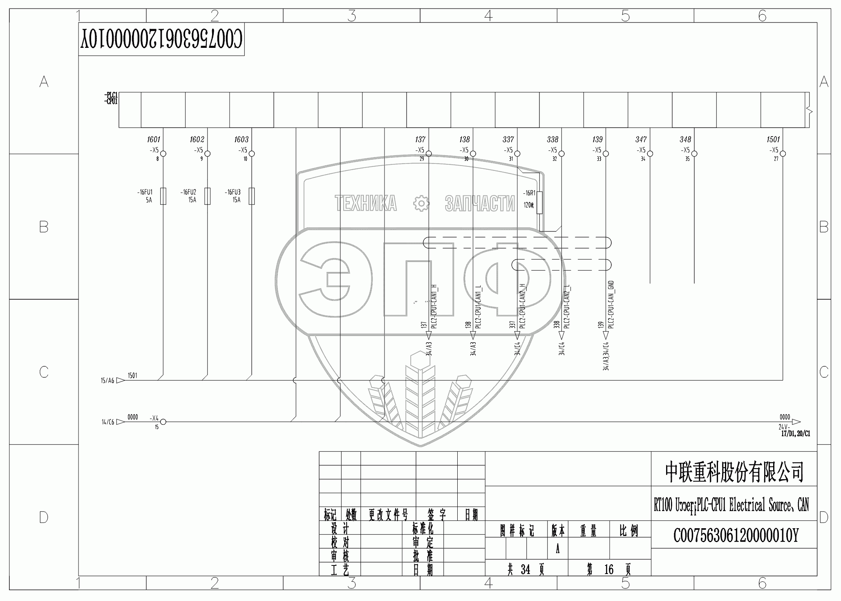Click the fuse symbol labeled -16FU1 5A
pyautogui.click(x=163, y=196)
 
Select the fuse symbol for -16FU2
pyautogui.click(x=208, y=196)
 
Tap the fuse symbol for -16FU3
pyautogui.click(x=252, y=196)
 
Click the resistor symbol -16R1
pyautogui.click(x=539, y=202)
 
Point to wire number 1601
pyautogui.click(x=154, y=140)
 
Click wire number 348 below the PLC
pyautogui.click(x=685, y=140)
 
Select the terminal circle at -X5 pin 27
pyautogui.click(x=783, y=154)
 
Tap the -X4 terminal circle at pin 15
pyautogui.click(x=163, y=422)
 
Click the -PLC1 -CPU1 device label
pyautogui.click(x=111, y=99)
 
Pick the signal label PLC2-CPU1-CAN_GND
pyautogui.click(x=611, y=305)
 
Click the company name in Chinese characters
pyautogui.click(x=734, y=472)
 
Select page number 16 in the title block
pyautogui.click(x=608, y=570)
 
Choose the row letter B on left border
pyautogui.click(x=44, y=227)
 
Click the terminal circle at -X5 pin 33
pyautogui.click(x=606, y=154)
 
